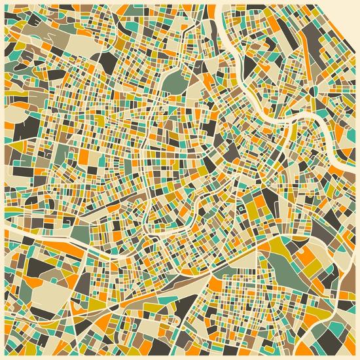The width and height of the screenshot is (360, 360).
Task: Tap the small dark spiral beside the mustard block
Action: coord(242,208)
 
